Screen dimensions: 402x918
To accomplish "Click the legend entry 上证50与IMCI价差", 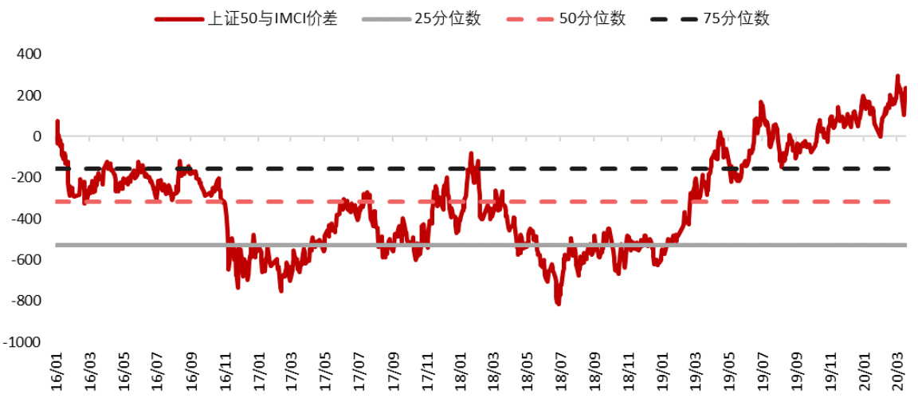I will pyautogui.click(x=272, y=18).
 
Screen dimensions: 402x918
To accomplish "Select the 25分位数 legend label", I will pyautogui.click(x=448, y=18).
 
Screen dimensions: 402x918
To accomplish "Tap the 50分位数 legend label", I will pyautogui.click(x=592, y=18).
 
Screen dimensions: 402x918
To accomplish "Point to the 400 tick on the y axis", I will pyautogui.click(x=29, y=54).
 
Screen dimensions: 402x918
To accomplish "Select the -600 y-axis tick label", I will pyautogui.click(x=25, y=259).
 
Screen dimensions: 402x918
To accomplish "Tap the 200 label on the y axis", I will pyautogui.click(x=29, y=96).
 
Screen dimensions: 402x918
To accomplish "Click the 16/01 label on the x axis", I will pyautogui.click(x=57, y=370).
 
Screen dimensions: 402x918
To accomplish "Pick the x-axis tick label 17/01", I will pyautogui.click(x=258, y=370).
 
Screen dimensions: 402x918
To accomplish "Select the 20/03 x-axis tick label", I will pyautogui.click(x=896, y=370).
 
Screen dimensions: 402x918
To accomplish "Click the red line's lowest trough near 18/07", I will pyautogui.click(x=558, y=304).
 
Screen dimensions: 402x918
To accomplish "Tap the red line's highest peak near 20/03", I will pyautogui.click(x=897, y=77).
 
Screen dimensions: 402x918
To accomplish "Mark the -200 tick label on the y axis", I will pyautogui.click(x=25, y=177).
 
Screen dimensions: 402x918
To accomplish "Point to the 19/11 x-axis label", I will pyautogui.click(x=829, y=370).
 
